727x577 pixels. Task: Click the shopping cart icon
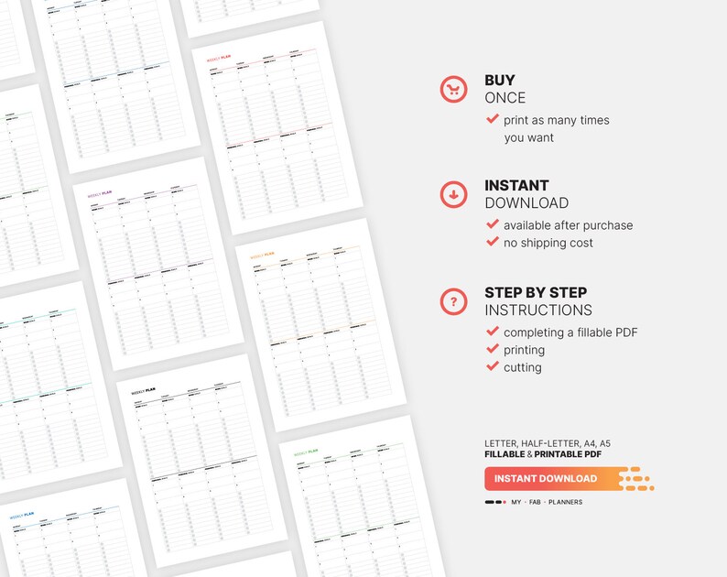[x=453, y=89]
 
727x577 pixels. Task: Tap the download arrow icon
[x=453, y=194]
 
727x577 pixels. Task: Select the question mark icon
[x=453, y=300]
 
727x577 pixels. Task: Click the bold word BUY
[x=500, y=81]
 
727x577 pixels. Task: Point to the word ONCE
[x=505, y=98]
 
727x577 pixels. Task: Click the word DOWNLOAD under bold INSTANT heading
[x=526, y=203]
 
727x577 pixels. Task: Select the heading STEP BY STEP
[x=536, y=293]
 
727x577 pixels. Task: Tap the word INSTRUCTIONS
[x=538, y=310]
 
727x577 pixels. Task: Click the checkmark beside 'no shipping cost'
[x=493, y=243]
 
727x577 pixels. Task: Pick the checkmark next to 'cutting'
[x=493, y=367]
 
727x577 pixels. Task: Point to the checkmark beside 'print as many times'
[x=493, y=120]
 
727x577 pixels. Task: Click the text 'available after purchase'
[x=568, y=225]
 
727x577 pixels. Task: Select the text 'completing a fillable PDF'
[x=570, y=332]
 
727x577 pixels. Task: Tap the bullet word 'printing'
[x=524, y=350]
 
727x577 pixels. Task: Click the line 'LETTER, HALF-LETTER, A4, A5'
[x=548, y=443]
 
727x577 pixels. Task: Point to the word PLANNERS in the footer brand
[x=565, y=502]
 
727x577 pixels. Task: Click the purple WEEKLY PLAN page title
[x=99, y=193]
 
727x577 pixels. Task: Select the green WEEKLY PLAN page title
[x=306, y=452]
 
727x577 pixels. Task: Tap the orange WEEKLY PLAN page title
[x=263, y=256]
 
